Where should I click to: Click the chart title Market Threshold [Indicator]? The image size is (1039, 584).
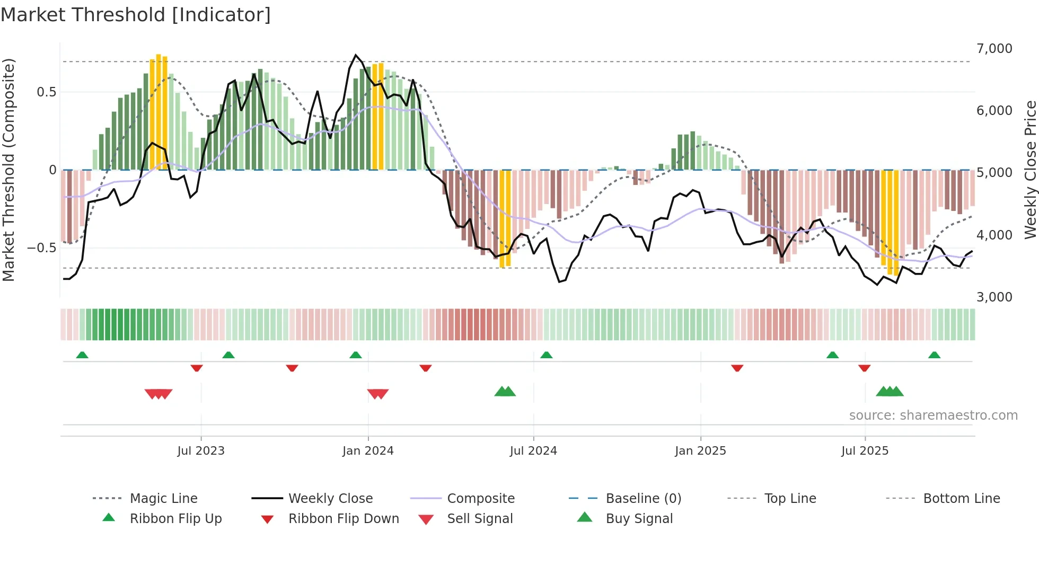pos(136,15)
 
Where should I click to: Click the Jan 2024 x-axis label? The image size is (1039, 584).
pos(368,451)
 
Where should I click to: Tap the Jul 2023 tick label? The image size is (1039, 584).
pos(201,451)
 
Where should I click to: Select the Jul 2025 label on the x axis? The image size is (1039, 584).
pos(865,451)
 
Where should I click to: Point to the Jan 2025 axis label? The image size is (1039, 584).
pos(700,451)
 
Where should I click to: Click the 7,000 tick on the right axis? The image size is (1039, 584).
pos(994,49)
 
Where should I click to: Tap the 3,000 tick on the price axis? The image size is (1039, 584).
pos(994,297)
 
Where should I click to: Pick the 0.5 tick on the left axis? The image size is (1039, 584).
pos(46,92)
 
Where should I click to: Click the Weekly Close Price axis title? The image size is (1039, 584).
pos(1030,170)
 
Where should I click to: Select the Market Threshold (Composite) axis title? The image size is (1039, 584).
pos(8,170)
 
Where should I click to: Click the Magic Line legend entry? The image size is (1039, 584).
pos(163,499)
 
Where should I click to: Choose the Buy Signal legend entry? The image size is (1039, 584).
pos(639,519)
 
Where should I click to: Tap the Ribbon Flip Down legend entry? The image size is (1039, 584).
pos(344,519)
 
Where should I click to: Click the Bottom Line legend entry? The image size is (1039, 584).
pos(961,499)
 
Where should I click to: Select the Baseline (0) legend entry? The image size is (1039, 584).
pos(643,499)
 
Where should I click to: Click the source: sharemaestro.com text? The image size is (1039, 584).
pos(933,415)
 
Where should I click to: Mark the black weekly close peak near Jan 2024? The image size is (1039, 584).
pos(356,55)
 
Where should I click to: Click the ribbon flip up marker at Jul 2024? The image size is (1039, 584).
pos(547,355)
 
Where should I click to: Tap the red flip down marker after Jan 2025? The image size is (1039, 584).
pos(737,368)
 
